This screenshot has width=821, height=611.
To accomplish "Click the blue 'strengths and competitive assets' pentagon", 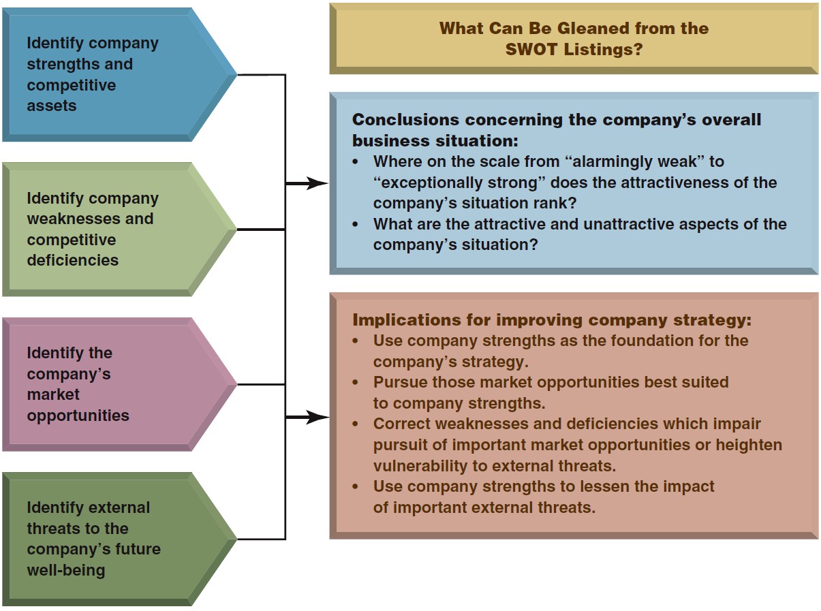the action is pos(119,75).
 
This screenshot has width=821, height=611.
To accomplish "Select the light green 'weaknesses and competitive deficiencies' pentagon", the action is pos(119,230).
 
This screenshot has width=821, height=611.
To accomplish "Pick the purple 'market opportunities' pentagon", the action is pos(119,384).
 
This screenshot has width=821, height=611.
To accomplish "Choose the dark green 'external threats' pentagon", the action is pos(119,539).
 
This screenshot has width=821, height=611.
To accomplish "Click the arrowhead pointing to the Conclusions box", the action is pos(317,183).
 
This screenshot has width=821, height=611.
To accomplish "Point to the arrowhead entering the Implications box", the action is pos(317,417).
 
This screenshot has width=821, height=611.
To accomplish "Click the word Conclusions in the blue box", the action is pos(406,120).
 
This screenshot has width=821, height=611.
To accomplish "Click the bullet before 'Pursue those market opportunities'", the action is pos(356,383).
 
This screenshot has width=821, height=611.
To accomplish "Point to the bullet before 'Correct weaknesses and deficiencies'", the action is pos(356,424).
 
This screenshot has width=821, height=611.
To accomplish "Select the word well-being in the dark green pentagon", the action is pos(66,570).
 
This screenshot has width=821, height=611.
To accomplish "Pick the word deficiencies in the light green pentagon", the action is pos(73,260).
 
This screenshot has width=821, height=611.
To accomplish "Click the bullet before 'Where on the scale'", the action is pos(356,162).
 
